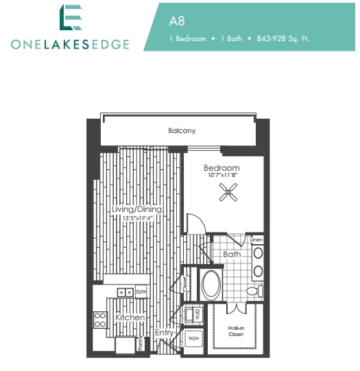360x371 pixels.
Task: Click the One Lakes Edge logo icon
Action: (70, 18)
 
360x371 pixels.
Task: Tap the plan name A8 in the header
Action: (177, 21)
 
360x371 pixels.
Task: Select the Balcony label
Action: (182, 130)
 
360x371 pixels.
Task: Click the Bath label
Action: (231, 254)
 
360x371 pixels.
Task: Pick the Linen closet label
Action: (256, 239)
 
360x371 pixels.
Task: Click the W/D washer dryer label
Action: (197, 316)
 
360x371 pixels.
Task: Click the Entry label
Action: (165, 333)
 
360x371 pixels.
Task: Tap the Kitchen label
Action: (130, 318)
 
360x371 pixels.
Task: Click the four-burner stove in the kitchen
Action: (100, 319)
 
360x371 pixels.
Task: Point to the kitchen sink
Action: (124, 291)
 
